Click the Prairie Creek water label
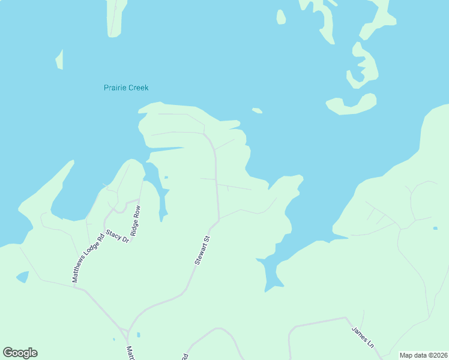point(126,88)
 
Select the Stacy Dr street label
point(118,236)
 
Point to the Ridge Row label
point(136,221)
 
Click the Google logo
point(20,353)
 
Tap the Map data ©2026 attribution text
point(423,355)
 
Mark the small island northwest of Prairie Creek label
point(59,59)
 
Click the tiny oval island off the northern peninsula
point(257,110)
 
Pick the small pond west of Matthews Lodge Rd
point(22,277)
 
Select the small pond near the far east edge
point(435,228)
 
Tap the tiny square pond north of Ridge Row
point(166,177)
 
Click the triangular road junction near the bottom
point(124,332)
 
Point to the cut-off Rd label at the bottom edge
point(184,356)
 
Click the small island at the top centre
point(281,17)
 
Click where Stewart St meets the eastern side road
point(218,219)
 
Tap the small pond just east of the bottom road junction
point(138,334)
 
